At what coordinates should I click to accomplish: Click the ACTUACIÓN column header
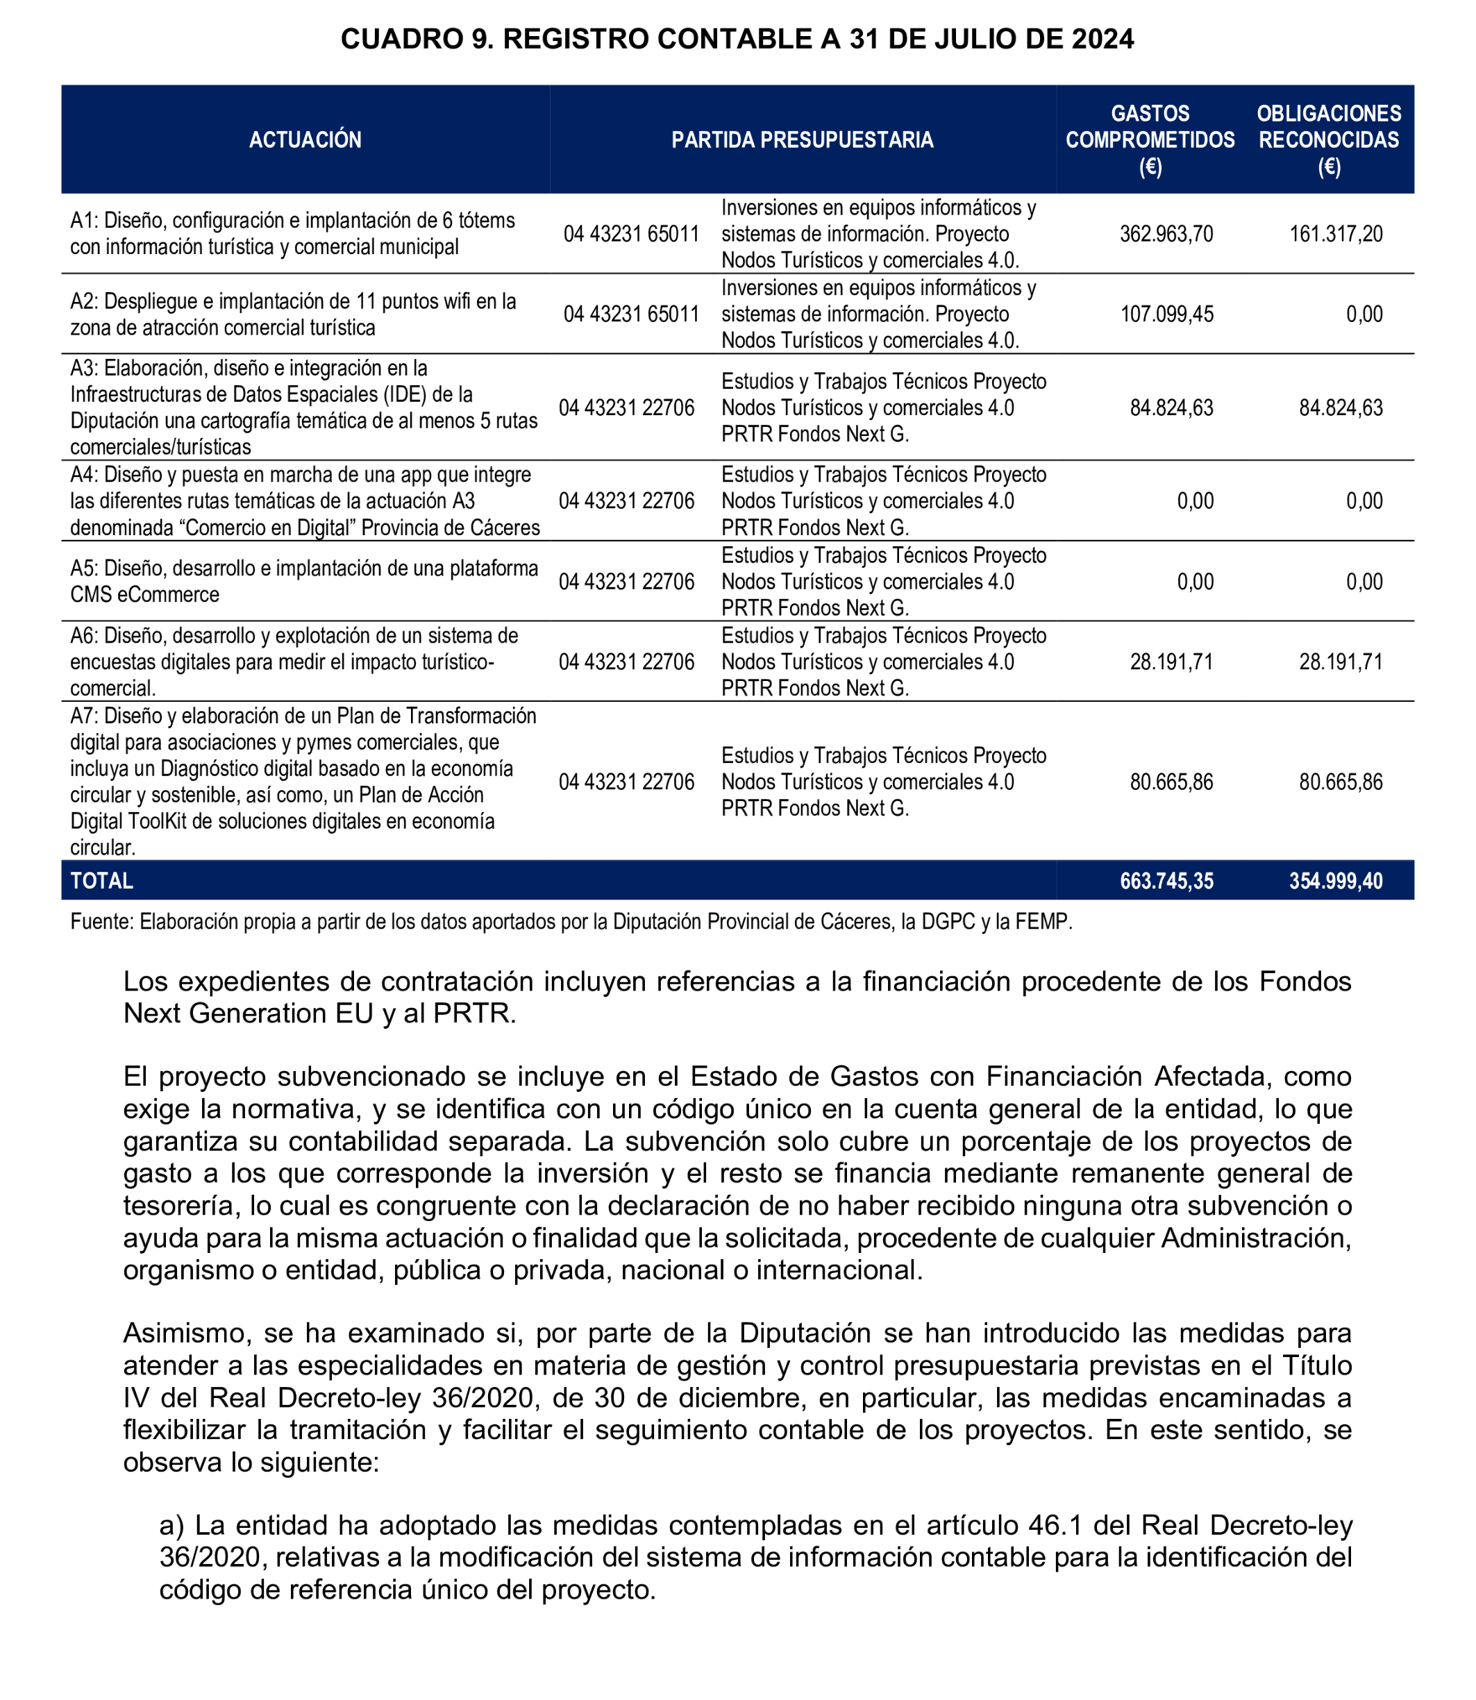305,140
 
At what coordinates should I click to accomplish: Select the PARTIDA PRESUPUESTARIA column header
803,140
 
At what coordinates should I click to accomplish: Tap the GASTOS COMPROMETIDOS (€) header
1150,140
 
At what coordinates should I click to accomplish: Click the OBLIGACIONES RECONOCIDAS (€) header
1329,140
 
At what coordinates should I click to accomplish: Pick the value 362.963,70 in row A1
1166,234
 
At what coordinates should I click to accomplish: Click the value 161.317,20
1336,234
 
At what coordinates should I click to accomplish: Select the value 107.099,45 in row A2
1166,314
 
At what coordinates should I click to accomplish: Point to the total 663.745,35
1166,880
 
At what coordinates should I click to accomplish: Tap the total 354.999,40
1336,880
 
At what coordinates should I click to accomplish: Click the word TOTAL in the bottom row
101,880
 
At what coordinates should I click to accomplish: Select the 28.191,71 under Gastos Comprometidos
1171,662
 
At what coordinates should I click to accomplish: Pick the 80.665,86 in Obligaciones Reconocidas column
1341,782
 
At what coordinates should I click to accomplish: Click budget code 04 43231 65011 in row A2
631,314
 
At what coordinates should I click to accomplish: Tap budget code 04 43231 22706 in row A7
626,782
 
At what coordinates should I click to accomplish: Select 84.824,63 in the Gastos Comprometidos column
1171,407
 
